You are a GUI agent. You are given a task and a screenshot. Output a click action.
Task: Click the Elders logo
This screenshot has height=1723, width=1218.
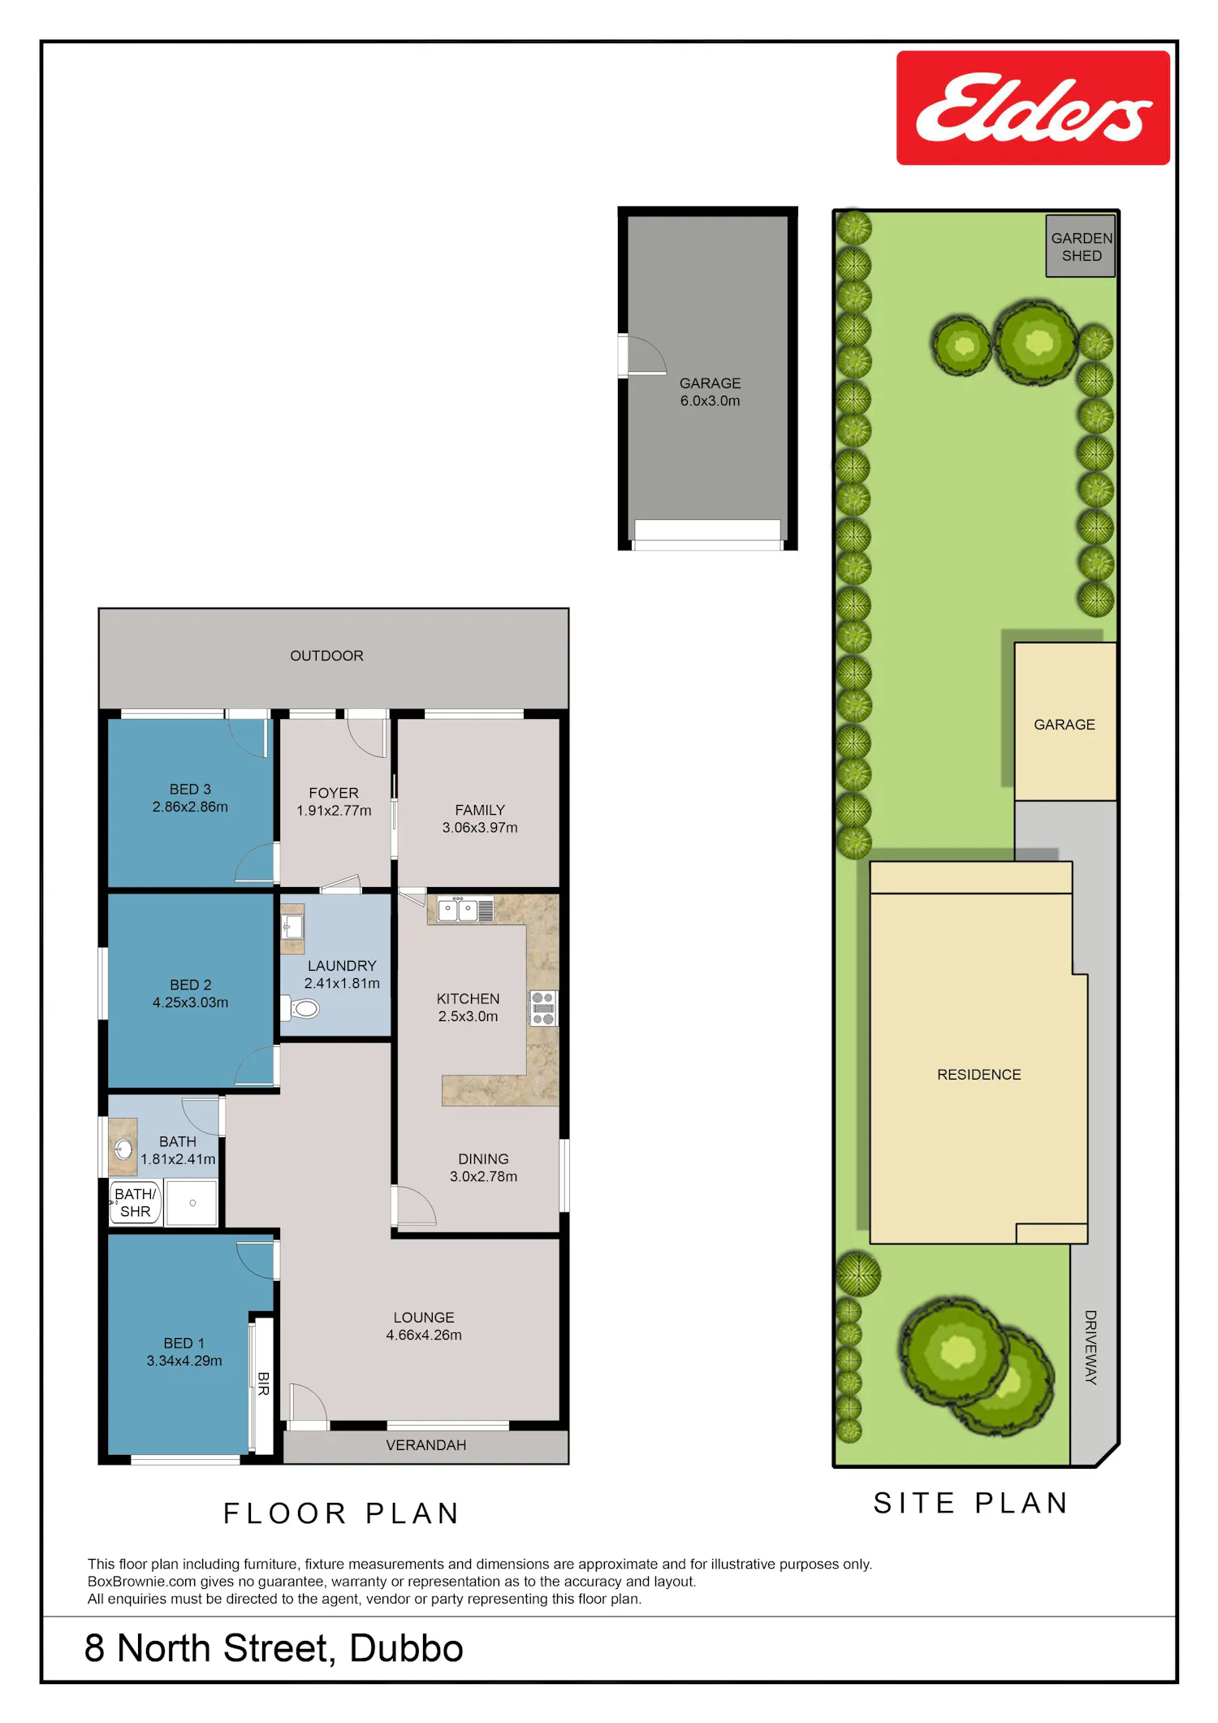(1033, 108)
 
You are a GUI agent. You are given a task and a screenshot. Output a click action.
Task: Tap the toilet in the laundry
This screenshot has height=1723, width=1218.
(300, 1008)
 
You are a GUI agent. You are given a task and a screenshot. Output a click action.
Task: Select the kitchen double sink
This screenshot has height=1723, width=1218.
(458, 910)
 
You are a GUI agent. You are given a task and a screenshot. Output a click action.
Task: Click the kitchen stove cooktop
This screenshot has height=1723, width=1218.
(543, 1008)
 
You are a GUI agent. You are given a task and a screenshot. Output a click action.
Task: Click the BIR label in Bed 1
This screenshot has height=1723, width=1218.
(263, 1383)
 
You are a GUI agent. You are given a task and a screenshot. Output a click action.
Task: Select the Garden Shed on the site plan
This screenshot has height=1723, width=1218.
(1081, 246)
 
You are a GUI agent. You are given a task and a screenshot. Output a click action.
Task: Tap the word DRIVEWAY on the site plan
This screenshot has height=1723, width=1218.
(1091, 1347)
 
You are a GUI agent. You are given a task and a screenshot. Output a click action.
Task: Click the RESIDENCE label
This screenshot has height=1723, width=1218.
(978, 1075)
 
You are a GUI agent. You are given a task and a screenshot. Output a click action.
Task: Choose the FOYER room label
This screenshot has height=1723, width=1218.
(334, 793)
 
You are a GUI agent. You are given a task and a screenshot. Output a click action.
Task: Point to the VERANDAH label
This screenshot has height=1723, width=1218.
(425, 1445)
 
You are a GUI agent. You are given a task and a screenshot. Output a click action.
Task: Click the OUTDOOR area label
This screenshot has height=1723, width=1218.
(326, 656)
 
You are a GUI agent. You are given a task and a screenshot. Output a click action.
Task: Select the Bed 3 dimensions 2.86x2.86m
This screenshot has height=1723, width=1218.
(190, 807)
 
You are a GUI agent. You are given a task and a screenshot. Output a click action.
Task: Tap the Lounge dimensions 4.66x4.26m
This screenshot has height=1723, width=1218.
(424, 1335)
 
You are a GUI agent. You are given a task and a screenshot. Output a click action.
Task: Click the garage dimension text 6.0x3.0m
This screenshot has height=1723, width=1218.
(710, 400)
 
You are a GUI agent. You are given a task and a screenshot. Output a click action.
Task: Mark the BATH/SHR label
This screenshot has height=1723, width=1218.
(135, 1202)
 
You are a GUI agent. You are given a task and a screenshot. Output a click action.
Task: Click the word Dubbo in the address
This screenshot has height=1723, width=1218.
(406, 1648)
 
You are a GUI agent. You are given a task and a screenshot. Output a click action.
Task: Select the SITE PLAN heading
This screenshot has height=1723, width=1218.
(970, 1503)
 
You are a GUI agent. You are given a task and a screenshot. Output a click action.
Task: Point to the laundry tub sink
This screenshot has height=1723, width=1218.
(292, 927)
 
